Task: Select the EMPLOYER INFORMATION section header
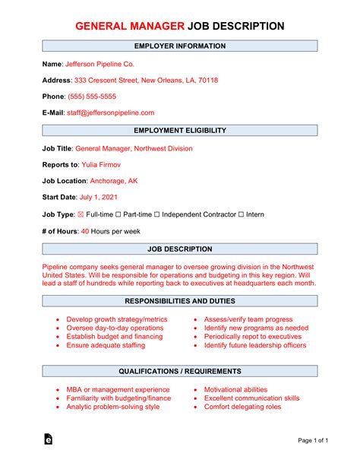click(x=180, y=46)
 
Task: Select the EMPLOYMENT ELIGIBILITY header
click(x=180, y=131)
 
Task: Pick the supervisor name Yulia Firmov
click(x=104, y=164)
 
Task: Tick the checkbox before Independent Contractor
click(x=158, y=214)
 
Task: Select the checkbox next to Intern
click(x=241, y=214)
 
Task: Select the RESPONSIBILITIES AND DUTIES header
click(x=180, y=300)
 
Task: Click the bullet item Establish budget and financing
click(x=115, y=336)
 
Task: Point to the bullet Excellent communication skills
click(x=251, y=398)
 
